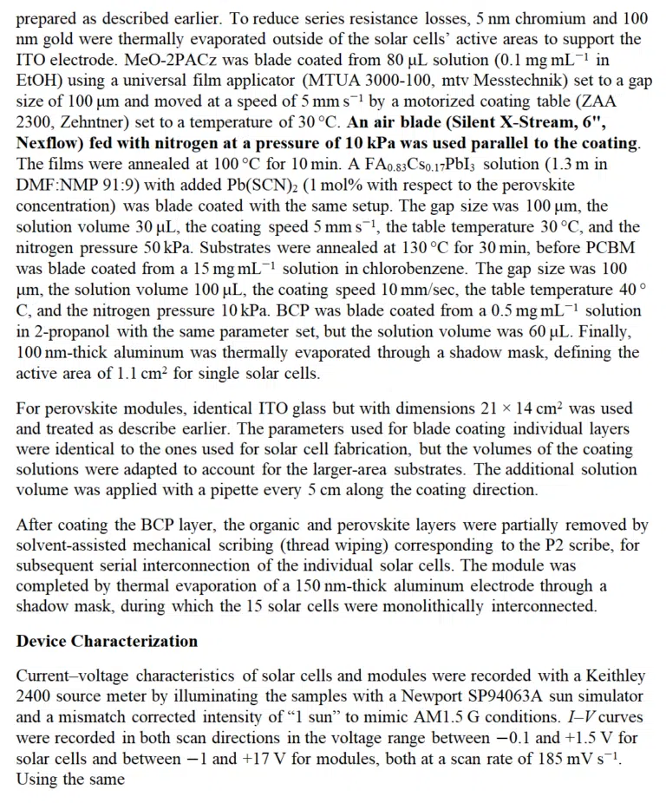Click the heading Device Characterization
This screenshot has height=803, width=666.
point(107,642)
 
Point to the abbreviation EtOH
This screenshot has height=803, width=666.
point(36,81)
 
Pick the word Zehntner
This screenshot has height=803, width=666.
point(95,122)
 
